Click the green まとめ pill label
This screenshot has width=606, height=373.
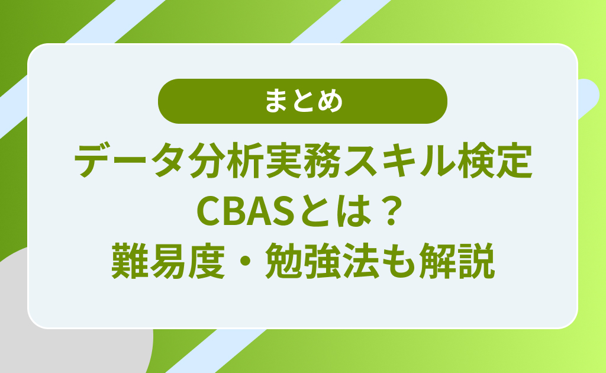(x=302, y=101)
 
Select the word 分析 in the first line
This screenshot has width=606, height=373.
(x=225, y=161)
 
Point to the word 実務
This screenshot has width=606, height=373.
(x=302, y=161)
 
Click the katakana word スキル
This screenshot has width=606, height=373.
(x=398, y=161)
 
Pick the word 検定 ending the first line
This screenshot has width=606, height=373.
(x=494, y=161)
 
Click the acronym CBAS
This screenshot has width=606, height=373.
(x=246, y=211)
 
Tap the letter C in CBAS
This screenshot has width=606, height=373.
(x=209, y=211)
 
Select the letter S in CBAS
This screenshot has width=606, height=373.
(x=283, y=211)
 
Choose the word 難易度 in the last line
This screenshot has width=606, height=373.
(x=168, y=261)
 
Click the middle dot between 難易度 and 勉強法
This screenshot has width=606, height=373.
(x=245, y=261)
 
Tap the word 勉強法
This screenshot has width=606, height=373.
(x=322, y=261)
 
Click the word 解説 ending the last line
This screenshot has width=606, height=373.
(x=457, y=261)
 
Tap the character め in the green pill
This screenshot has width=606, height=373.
(x=330, y=102)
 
